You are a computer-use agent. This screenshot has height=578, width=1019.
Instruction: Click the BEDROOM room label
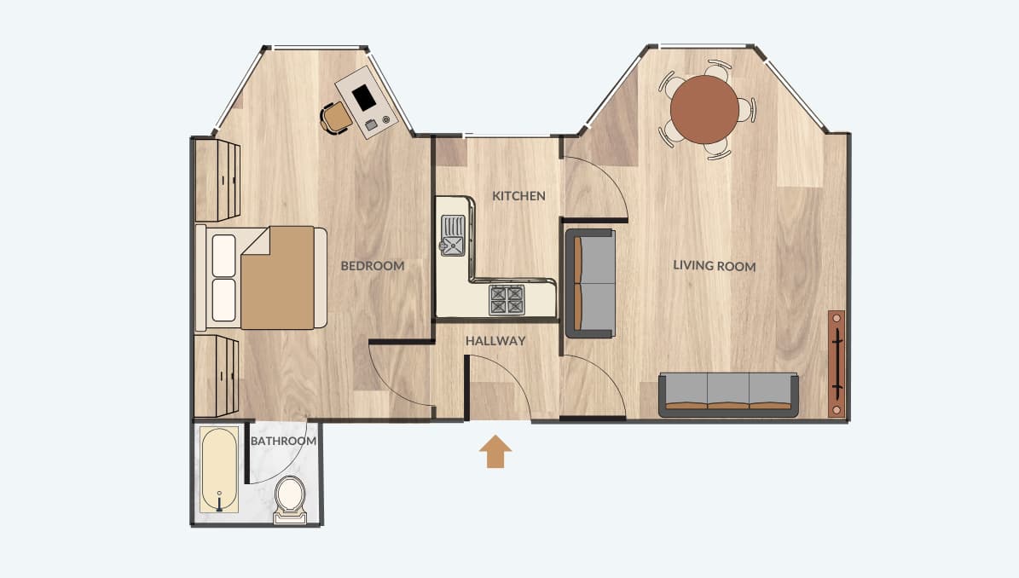(x=373, y=266)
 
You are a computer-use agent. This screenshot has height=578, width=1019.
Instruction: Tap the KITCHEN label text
(x=518, y=195)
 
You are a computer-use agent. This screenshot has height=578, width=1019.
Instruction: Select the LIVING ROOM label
(x=715, y=266)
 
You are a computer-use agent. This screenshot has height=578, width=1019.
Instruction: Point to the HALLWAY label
(x=495, y=340)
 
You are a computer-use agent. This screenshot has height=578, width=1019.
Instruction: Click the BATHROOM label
(x=283, y=441)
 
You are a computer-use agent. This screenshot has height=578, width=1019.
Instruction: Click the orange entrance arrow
(x=495, y=451)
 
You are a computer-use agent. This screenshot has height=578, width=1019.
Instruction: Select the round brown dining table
(x=704, y=110)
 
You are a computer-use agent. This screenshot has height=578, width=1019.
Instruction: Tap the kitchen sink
(x=452, y=235)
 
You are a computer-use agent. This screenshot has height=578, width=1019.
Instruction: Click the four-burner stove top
(x=507, y=299)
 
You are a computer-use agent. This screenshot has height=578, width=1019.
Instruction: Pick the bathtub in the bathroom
(x=219, y=469)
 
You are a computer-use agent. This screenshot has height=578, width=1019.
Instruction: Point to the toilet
(x=290, y=499)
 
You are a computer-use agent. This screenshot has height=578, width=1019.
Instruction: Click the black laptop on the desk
(x=364, y=97)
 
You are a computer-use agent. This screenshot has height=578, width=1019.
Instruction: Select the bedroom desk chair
(x=336, y=118)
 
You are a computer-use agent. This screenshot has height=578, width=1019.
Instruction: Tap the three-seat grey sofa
(x=728, y=394)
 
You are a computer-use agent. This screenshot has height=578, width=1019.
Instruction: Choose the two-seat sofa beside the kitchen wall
(x=590, y=283)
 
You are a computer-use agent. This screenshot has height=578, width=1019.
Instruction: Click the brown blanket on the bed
(x=277, y=277)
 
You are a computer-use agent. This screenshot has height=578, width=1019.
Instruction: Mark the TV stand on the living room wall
(x=837, y=364)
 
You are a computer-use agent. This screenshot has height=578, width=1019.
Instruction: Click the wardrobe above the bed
(x=217, y=180)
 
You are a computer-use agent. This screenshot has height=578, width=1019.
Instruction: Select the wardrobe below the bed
(x=217, y=376)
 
